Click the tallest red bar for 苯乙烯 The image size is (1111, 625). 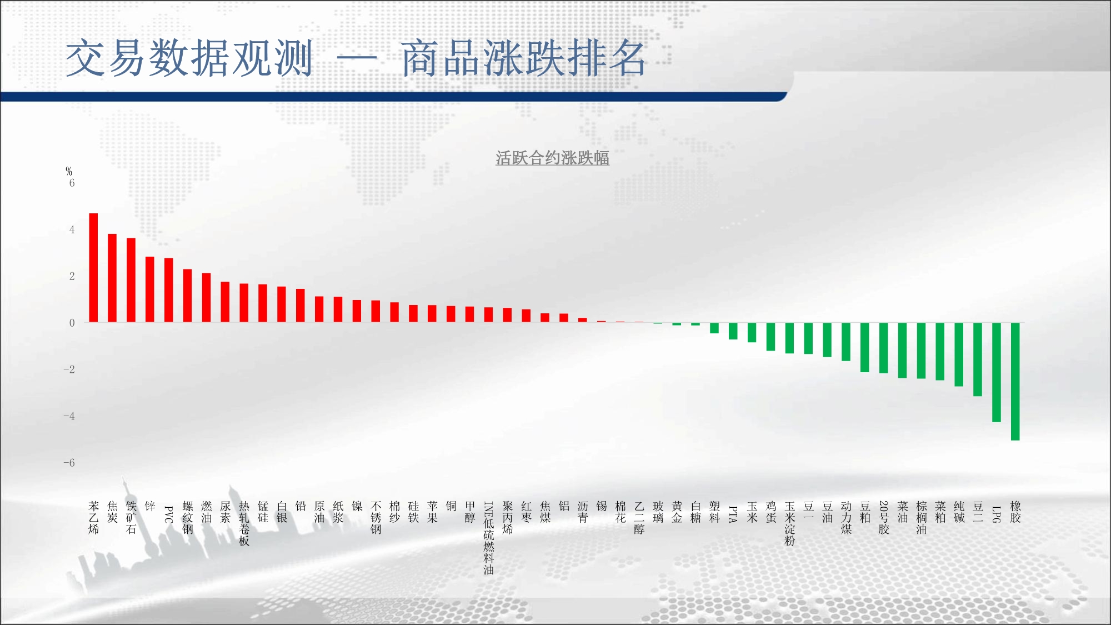(93, 268)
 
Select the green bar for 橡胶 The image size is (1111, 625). (1015, 381)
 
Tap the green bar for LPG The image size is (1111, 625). (997, 372)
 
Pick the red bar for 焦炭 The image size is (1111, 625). (112, 278)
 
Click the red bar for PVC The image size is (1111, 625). (169, 290)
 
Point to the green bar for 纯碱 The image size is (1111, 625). (959, 354)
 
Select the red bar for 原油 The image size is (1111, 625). (319, 309)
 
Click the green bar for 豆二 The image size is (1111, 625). (978, 359)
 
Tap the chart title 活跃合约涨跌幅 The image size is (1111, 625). (553, 158)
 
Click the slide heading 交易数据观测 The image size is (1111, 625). (189, 58)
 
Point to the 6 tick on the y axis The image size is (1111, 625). (72, 183)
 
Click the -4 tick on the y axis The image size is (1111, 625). (69, 416)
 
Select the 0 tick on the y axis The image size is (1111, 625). (72, 323)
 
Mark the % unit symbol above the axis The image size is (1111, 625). (69, 171)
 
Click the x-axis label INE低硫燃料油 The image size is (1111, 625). (489, 538)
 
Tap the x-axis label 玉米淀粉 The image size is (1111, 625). (790, 523)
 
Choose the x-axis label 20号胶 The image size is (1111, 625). (884, 518)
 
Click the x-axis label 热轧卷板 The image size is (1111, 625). (244, 523)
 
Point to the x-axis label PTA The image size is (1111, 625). (733, 514)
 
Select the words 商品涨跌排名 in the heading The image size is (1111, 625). (524, 58)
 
